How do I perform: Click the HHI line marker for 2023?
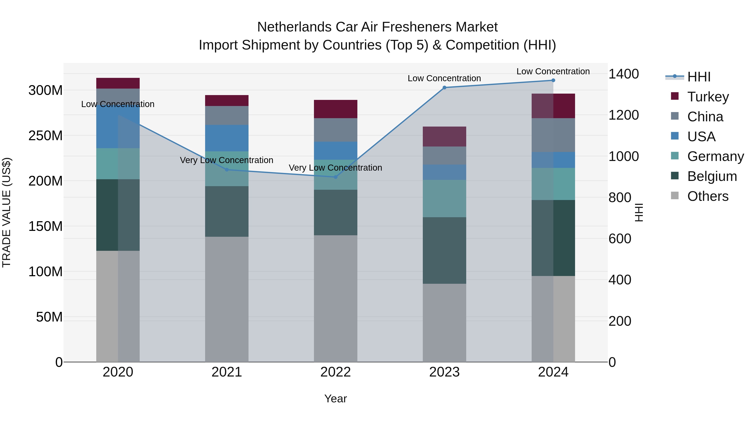[x=444, y=87]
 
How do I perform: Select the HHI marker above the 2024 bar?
[x=553, y=80]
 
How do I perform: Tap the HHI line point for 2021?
[x=226, y=170]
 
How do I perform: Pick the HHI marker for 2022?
[x=336, y=177]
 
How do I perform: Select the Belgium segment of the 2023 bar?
[x=444, y=250]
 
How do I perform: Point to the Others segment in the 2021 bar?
[x=226, y=299]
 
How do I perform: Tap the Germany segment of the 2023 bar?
[x=444, y=198]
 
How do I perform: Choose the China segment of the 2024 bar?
[x=553, y=135]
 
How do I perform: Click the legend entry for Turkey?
[x=708, y=97]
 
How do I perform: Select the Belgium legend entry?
[x=712, y=176]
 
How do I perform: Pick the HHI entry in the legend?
[x=699, y=77]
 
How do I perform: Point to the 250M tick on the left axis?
[x=46, y=136]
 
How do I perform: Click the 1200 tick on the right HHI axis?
[x=624, y=115]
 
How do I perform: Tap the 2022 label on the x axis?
[x=336, y=372]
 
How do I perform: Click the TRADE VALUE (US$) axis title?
[x=7, y=212]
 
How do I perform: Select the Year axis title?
[x=336, y=399]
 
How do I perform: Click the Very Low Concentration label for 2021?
[x=226, y=160]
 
